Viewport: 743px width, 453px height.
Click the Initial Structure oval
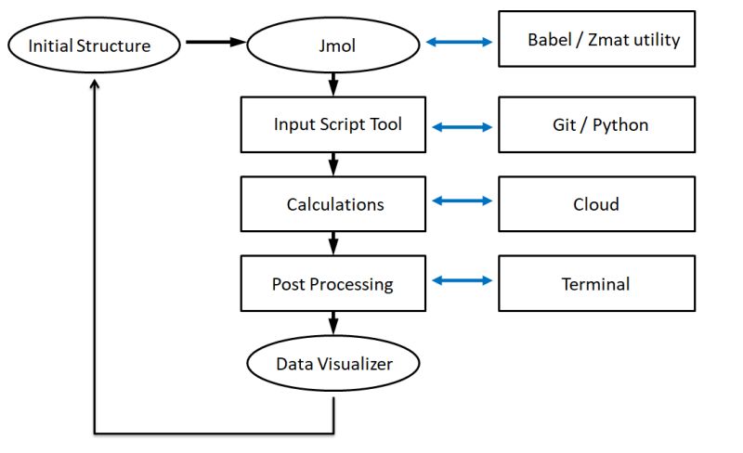(90, 45)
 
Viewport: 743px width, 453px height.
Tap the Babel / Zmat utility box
(596, 39)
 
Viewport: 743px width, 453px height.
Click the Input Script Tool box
(333, 124)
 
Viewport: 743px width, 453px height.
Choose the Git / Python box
(596, 124)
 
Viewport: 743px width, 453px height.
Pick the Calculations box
(333, 204)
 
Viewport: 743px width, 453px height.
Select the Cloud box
(596, 204)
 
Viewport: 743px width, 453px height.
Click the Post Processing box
(333, 284)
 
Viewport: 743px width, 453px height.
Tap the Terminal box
(596, 284)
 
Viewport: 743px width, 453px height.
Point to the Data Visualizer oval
(333, 363)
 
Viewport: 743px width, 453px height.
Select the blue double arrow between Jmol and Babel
(459, 42)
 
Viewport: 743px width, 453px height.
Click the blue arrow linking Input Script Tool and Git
(462, 128)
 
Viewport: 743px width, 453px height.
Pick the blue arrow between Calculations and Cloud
(462, 201)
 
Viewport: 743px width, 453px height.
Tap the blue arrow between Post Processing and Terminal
(462, 280)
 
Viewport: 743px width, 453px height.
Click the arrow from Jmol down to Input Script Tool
(333, 86)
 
